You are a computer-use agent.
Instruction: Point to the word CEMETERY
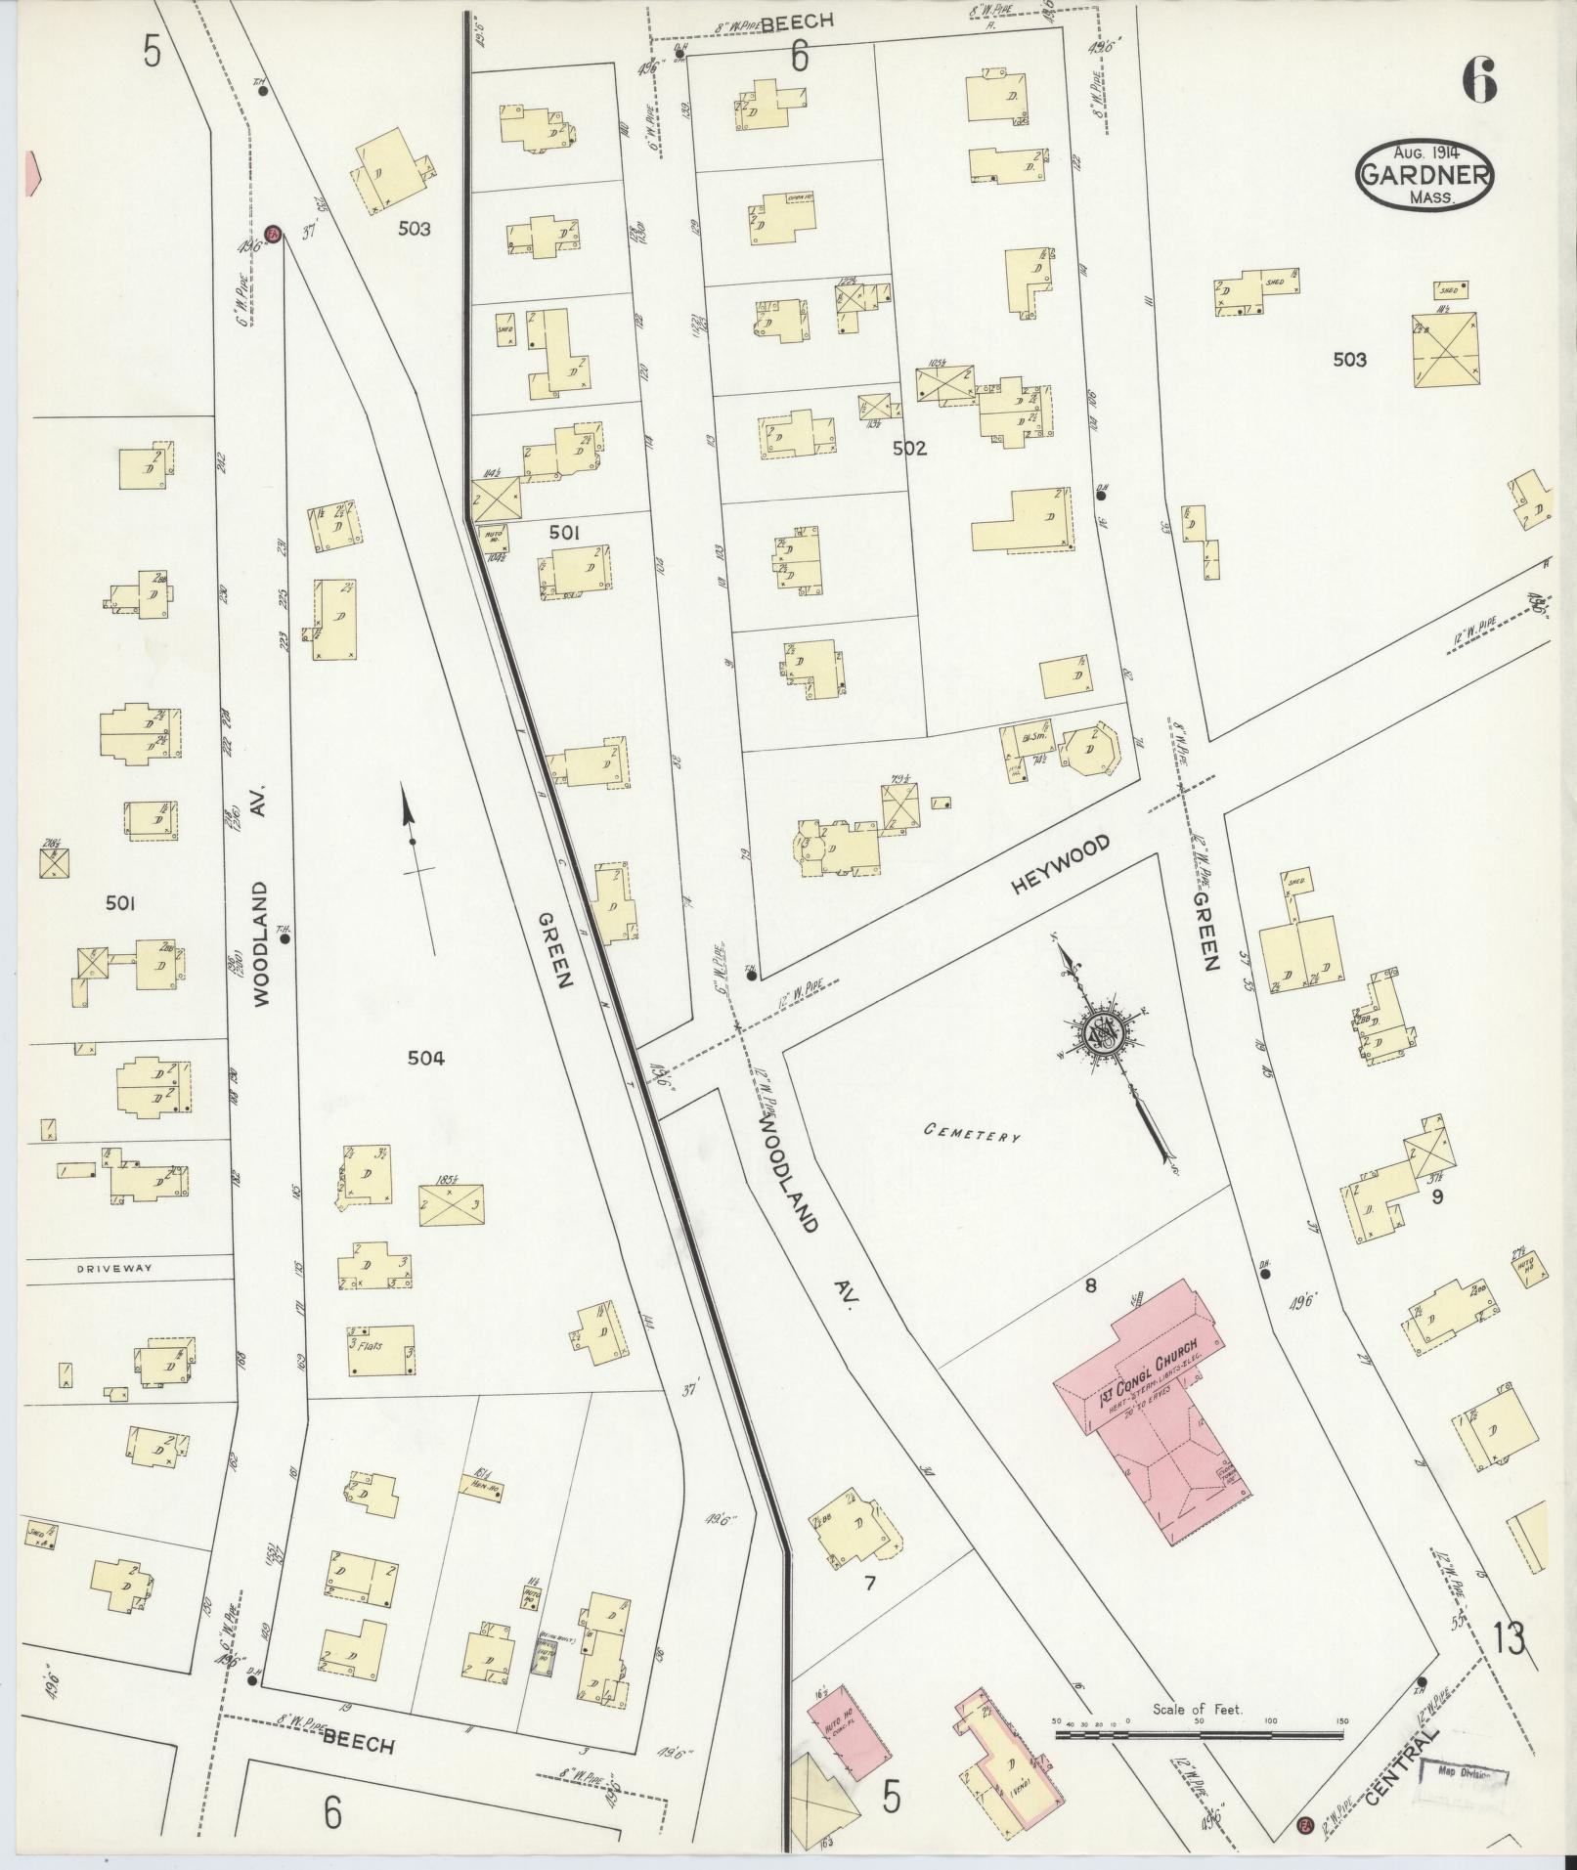click(x=973, y=1135)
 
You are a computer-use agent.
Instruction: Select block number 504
click(x=427, y=1058)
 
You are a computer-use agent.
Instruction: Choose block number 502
click(x=908, y=449)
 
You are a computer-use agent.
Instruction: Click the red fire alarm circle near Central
click(x=1303, y=1823)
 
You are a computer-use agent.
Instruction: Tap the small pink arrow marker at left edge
click(x=31, y=171)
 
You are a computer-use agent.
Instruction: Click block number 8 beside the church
click(x=1090, y=1286)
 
